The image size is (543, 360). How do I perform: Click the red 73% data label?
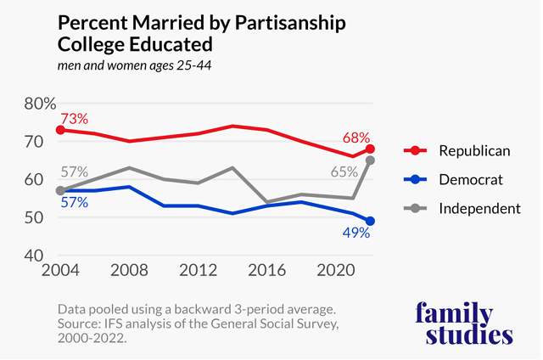point(74,119)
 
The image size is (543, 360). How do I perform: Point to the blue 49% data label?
point(355,233)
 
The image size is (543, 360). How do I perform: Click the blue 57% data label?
point(75,204)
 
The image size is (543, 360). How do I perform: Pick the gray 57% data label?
point(75,172)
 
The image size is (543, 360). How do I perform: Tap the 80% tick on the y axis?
point(39,104)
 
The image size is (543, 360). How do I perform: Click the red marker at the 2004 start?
point(59,130)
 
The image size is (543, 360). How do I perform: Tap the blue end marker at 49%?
point(370,221)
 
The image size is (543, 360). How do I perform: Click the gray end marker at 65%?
point(370,160)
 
